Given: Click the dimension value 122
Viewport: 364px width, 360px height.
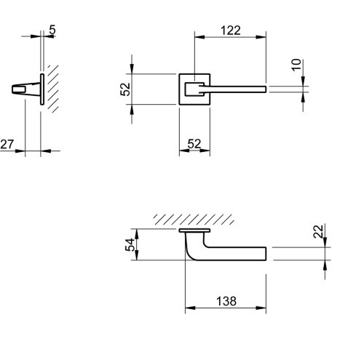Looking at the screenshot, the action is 231,31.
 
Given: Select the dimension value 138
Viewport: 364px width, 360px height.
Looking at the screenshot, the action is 226,301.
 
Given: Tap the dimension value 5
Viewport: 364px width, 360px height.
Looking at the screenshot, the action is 52,30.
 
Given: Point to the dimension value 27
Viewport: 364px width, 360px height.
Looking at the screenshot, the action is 7,144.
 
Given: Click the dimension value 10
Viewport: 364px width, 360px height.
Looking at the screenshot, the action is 296,65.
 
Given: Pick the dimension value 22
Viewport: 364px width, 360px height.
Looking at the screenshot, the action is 318,231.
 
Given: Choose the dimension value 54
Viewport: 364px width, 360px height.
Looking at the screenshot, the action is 130,245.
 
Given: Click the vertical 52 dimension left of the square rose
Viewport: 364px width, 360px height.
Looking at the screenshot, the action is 125,89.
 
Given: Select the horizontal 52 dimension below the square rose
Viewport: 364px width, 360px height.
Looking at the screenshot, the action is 194,144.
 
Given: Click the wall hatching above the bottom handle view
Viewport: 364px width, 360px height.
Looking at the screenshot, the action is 194,219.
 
